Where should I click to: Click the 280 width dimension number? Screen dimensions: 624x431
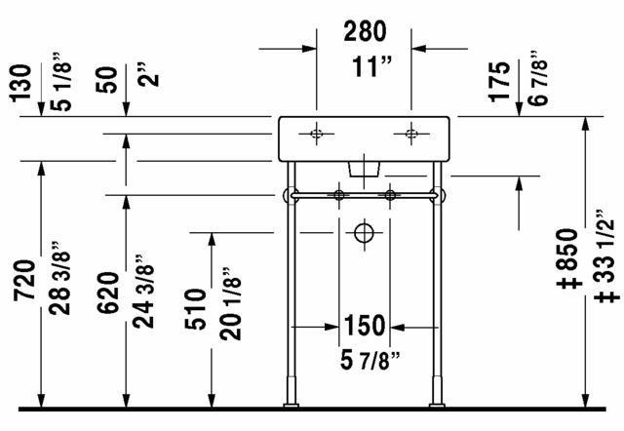coord(365,31)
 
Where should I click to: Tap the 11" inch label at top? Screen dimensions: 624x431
coord(371,66)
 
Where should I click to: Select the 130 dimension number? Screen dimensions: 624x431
coord(20,83)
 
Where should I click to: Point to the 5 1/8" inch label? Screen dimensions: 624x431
coord(61,82)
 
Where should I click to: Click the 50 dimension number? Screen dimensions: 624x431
coord(106,80)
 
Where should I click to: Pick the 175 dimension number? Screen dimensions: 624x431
coord(500,82)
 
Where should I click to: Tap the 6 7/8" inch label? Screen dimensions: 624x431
coord(538,79)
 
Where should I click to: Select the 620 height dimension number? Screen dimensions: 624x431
coord(108,293)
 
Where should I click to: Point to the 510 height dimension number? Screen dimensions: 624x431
coord(195,309)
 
